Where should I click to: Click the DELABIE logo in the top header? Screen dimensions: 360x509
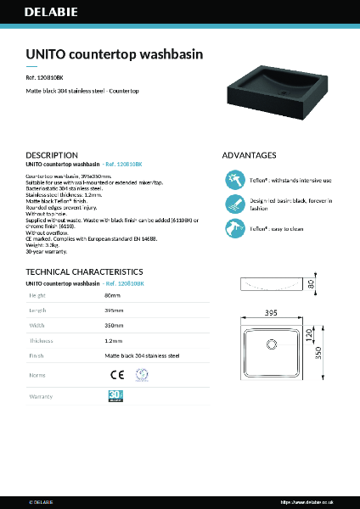[50, 14]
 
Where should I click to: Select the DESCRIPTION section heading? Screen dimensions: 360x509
[52, 155]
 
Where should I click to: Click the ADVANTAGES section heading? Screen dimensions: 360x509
[249, 155]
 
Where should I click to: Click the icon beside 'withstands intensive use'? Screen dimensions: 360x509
[234, 180]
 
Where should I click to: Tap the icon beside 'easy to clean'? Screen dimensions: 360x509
[234, 228]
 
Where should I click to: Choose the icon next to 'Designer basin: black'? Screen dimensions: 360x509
[234, 204]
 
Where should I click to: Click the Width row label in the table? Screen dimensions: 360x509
[38, 327]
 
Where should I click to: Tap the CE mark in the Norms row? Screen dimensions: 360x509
[120, 374]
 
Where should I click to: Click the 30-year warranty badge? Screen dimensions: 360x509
[117, 395]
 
